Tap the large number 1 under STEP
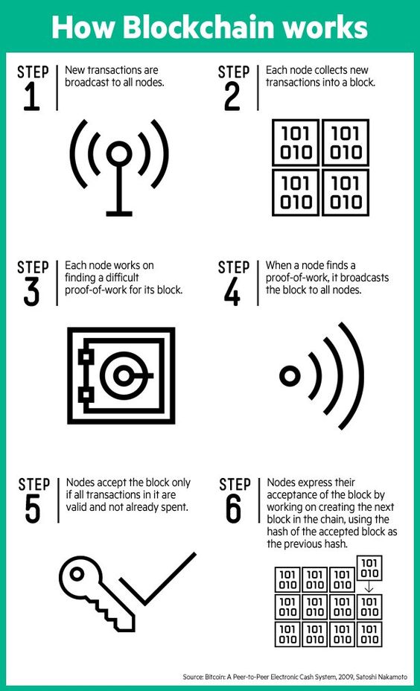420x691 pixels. point(31,97)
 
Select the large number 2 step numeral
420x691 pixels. point(232,97)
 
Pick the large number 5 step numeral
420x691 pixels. point(32,509)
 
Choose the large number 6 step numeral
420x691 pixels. point(233,509)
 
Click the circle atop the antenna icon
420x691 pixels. point(119,154)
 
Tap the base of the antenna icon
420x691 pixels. point(119,213)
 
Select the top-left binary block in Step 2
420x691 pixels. point(295,143)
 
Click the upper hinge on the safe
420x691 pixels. point(84,355)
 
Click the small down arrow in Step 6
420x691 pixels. point(369,587)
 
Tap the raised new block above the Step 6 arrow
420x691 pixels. point(369,567)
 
